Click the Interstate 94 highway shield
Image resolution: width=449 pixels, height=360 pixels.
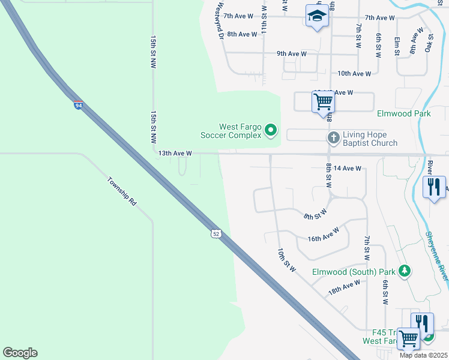tap(79, 106)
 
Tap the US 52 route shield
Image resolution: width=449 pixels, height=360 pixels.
tap(215, 233)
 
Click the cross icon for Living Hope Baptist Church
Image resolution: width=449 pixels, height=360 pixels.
tap(334, 138)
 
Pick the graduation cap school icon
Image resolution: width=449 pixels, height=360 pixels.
tap(316, 16)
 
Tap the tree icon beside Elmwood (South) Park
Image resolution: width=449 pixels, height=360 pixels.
tap(405, 271)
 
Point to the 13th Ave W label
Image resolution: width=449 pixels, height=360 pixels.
tap(175, 154)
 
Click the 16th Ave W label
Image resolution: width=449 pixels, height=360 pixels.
tap(324, 235)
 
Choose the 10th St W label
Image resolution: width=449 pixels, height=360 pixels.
tap(287, 260)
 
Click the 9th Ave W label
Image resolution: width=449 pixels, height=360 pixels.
tap(292, 54)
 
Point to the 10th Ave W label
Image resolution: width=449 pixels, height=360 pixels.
tap(354, 74)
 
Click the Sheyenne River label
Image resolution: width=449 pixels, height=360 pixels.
tap(437, 256)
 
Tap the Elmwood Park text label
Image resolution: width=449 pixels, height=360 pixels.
tap(404, 113)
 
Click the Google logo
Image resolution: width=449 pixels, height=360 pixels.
tap(20, 353)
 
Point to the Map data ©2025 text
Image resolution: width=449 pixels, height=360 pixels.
tap(423, 355)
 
